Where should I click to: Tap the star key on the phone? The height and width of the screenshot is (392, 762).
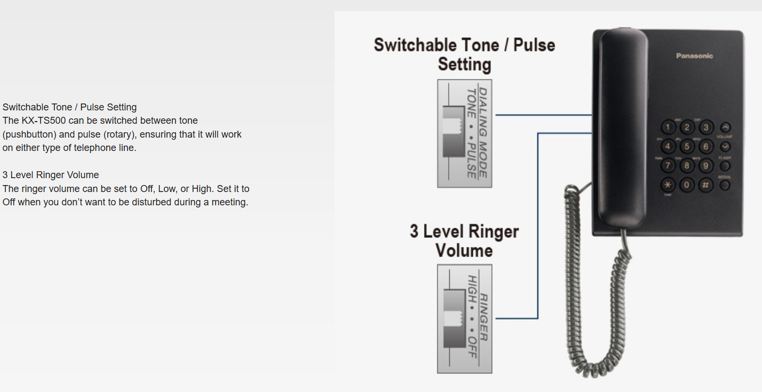tap(668, 185)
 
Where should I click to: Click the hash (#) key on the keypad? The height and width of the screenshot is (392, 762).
tap(705, 185)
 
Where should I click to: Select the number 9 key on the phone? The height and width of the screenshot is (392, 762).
tap(705, 166)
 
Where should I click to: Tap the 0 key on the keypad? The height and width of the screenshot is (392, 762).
tap(687, 185)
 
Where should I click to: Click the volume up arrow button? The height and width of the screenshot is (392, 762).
tap(725, 127)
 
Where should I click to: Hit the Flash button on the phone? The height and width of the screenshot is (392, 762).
tap(725, 166)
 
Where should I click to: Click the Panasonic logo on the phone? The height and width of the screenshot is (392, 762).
tap(694, 56)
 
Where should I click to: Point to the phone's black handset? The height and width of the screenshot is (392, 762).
tap(623, 128)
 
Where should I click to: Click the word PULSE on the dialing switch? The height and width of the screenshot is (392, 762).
tap(471, 160)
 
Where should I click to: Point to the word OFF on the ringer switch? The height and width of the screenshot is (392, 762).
tap(472, 347)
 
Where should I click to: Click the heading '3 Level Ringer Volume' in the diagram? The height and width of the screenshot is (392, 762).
tap(464, 241)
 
